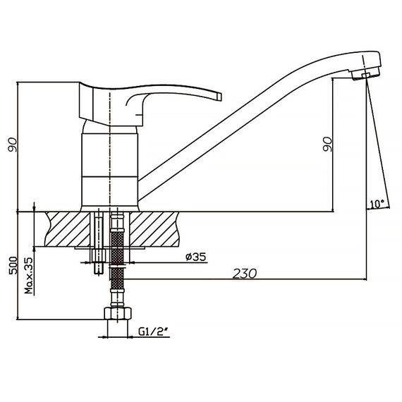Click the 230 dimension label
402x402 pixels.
pyautogui.click(x=244, y=274)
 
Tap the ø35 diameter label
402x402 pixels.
pyautogui.click(x=196, y=257)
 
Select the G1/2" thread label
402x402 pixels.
pyautogui.click(x=154, y=331)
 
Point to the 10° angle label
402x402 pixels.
pyautogui.click(x=377, y=204)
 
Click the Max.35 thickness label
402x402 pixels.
pyautogui.click(x=29, y=276)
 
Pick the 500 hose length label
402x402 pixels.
pyautogui.click(x=13, y=266)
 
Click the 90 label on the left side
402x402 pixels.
pyautogui.click(x=12, y=145)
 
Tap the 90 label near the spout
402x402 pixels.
pyautogui.click(x=327, y=144)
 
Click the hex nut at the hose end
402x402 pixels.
pyautogui.click(x=118, y=313)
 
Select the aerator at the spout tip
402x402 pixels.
pyautogui.click(x=365, y=73)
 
